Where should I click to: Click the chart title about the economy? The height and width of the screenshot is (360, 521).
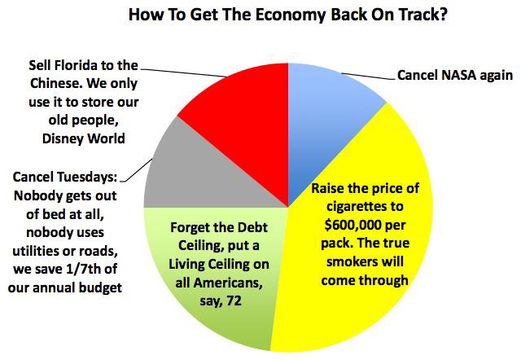tap(287, 15)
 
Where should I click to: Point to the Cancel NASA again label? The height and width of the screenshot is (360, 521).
tap(455, 75)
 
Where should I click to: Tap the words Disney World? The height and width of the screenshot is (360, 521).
tap(83, 138)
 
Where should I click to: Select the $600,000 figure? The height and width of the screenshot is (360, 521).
tap(353, 225)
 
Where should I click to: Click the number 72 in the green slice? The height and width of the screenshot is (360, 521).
tap(234, 301)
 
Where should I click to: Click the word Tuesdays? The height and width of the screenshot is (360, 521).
tap(87, 177)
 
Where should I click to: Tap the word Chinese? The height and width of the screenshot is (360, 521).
tap(56, 83)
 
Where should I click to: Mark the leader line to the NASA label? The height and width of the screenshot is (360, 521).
tap(368, 76)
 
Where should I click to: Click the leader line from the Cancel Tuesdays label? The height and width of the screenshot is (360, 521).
tap(137, 170)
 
